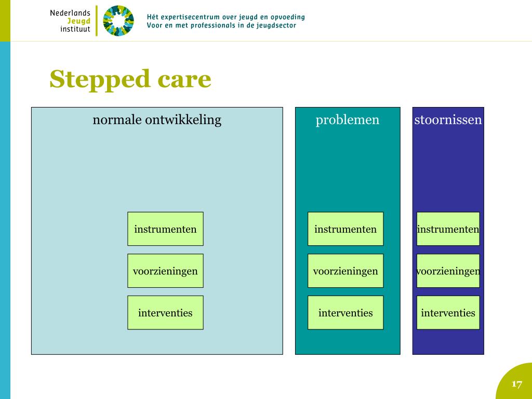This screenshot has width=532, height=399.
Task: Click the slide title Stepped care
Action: click(130, 79)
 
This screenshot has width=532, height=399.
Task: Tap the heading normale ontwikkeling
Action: click(157, 120)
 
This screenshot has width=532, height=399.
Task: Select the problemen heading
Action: click(348, 120)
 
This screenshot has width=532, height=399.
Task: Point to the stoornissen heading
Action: click(448, 120)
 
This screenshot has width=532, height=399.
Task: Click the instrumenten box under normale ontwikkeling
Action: click(165, 229)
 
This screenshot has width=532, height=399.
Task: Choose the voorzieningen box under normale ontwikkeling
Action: click(165, 271)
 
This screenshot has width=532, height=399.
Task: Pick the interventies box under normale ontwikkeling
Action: click(165, 313)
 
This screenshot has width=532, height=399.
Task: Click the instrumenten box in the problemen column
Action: click(345, 229)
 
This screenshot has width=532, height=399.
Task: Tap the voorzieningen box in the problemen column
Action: click(345, 271)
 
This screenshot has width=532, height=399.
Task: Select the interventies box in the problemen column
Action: click(345, 313)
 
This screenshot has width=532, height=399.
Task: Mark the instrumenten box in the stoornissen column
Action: click(448, 229)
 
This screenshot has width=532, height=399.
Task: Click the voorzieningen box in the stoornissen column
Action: click(448, 271)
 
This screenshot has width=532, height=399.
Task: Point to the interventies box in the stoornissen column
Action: click(448, 313)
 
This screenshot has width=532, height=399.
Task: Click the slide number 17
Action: click(516, 384)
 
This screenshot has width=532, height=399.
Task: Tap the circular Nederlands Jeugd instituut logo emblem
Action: click(118, 21)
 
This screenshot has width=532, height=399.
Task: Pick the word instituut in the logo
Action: click(75, 30)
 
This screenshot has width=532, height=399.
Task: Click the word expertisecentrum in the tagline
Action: click(191, 17)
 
